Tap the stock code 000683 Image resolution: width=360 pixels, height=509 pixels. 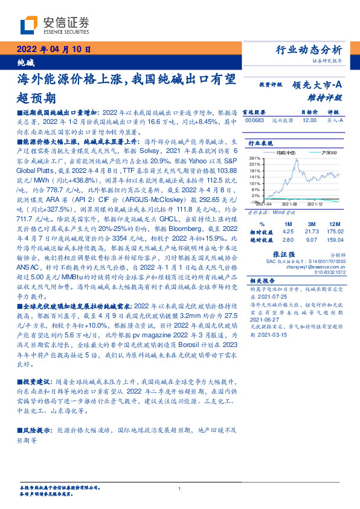pos(254,121)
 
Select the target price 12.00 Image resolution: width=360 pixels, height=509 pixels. pos(309,121)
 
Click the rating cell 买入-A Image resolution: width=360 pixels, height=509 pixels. pos(335,121)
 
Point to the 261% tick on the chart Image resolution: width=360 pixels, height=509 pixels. pos(254,157)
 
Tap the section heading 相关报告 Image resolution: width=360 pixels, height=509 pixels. pos(262,280)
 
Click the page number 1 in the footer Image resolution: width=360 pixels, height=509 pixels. pos(179,489)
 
